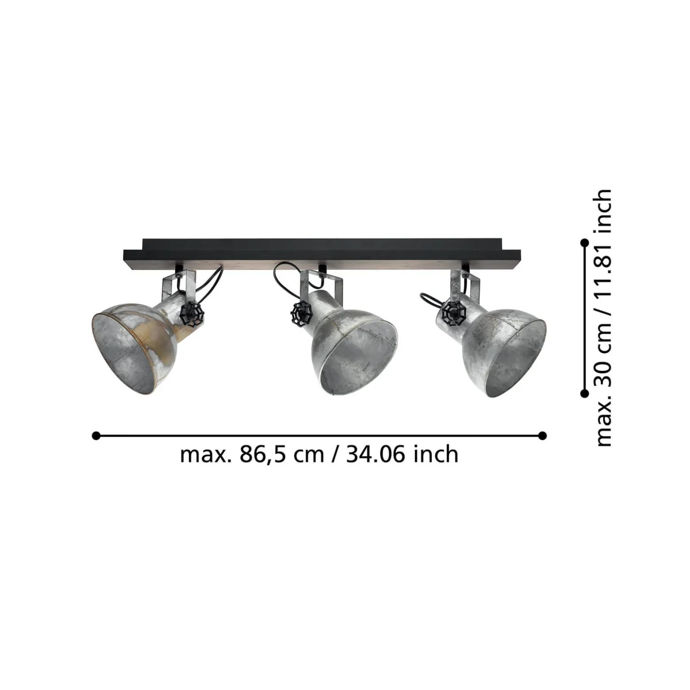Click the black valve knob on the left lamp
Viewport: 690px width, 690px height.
[192, 314]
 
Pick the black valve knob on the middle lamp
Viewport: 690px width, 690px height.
[302, 313]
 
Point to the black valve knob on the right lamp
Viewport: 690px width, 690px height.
[454, 313]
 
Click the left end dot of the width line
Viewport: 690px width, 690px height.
[96, 436]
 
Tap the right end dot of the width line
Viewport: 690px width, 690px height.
[543, 436]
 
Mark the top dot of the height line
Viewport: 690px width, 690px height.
[584, 243]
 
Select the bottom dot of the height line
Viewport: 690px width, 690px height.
[584, 393]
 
